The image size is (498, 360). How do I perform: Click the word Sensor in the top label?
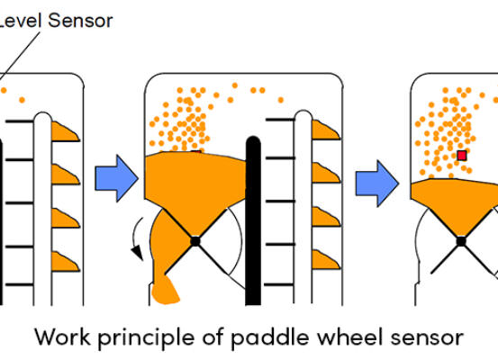[x=80, y=21]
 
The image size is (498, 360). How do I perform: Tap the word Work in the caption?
[x=62, y=337]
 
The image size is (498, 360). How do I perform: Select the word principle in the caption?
[x=146, y=338]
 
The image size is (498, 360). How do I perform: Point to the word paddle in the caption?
[x=269, y=337]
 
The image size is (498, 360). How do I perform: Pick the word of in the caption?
[x=213, y=337]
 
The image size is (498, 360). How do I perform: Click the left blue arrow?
[x=116, y=178]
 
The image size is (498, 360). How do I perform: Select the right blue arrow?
[x=376, y=184]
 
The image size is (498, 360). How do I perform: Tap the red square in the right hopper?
[x=462, y=156]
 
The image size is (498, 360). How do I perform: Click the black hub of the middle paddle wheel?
[x=195, y=241]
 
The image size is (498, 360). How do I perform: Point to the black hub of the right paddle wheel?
[x=461, y=241]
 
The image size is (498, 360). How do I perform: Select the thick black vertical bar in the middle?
[x=253, y=220]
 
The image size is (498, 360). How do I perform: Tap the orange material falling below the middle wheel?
[x=165, y=290]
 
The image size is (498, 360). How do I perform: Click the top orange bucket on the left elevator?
[x=65, y=131]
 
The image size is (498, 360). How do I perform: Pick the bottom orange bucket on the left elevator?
[x=65, y=262]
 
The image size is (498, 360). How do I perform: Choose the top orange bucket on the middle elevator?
[x=325, y=130]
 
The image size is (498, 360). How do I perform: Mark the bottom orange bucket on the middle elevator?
[x=325, y=260]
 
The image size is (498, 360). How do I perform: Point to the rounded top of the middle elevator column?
[x=303, y=115]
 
